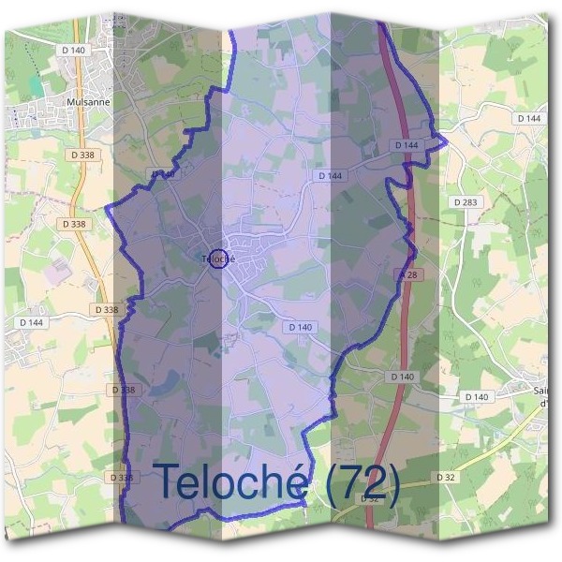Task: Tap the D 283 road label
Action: point(464,202)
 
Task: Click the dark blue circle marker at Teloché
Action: point(217,258)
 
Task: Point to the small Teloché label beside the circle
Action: point(212,259)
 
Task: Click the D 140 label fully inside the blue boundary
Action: point(301,327)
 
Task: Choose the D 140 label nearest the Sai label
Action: point(477,397)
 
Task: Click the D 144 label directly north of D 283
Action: point(528,119)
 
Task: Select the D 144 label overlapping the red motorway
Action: point(407,145)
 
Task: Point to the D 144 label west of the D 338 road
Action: point(30,322)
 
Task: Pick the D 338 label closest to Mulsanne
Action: point(82,154)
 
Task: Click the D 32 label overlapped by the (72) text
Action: point(371,498)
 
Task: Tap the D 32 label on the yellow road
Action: point(446,478)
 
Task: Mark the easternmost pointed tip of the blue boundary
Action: point(447,142)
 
